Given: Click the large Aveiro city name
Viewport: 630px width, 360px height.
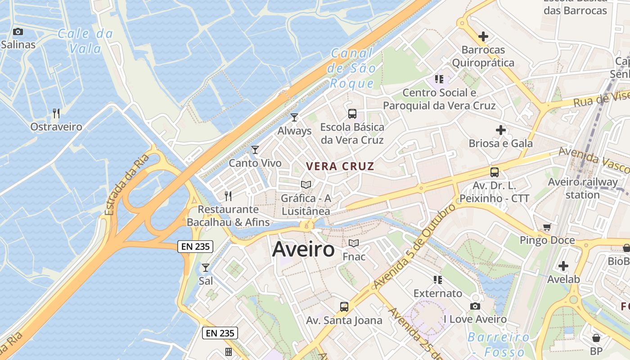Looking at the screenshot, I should (303, 249).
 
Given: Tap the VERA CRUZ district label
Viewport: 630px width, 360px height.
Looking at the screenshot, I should (340, 166).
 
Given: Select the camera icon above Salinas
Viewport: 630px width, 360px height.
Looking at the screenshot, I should (18, 31).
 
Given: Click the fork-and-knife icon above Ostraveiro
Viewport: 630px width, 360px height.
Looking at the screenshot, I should (56, 113).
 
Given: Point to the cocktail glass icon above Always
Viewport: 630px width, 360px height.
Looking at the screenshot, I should (294, 117).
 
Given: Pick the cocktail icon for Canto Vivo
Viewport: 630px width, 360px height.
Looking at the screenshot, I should (255, 150).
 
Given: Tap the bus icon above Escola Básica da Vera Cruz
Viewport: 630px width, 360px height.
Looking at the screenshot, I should (352, 114).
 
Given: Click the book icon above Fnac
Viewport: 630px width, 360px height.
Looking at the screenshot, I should (354, 243).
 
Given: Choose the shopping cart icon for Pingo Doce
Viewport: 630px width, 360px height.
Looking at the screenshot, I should (547, 227).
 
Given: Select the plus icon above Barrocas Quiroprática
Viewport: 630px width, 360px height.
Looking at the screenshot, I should (483, 36).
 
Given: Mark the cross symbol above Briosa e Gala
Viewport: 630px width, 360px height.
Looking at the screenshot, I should (501, 130).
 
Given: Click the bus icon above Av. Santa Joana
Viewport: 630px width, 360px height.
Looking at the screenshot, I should (344, 307).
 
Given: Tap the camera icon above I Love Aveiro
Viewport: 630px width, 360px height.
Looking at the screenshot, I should (475, 306).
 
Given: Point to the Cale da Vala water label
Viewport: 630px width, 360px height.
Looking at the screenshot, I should (85, 40).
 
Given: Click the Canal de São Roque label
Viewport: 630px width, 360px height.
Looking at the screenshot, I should (352, 68).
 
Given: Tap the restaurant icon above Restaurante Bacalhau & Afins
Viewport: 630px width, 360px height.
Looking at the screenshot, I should (228, 196).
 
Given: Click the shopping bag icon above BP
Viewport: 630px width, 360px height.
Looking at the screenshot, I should (596, 337).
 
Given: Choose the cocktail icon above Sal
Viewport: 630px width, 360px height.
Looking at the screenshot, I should (206, 268).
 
